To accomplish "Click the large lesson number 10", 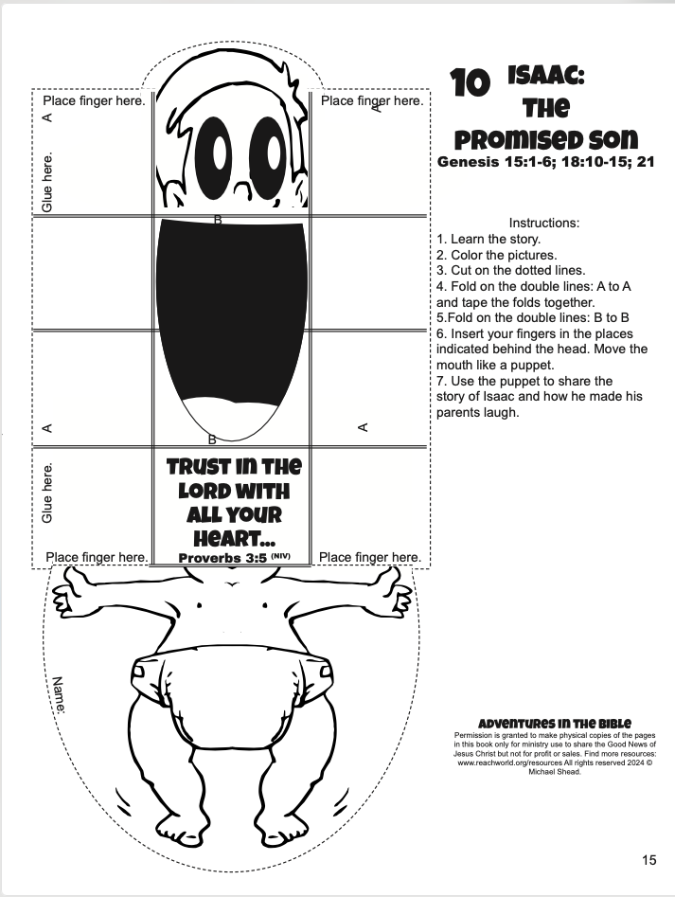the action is pyautogui.click(x=470, y=82).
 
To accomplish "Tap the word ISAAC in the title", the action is pyautogui.click(x=546, y=75).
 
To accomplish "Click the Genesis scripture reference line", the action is pyautogui.click(x=546, y=162).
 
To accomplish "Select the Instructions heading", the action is pyautogui.click(x=544, y=224).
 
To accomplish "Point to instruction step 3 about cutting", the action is pyautogui.click(x=511, y=271).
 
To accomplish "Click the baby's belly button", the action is pyautogui.click(x=232, y=584).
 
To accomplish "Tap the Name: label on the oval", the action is pyautogui.click(x=59, y=695).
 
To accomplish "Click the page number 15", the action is pyautogui.click(x=648, y=860).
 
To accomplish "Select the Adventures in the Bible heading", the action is pyautogui.click(x=555, y=724).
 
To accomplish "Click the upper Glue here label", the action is pyautogui.click(x=47, y=181).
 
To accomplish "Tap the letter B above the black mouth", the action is pyautogui.click(x=218, y=219).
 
